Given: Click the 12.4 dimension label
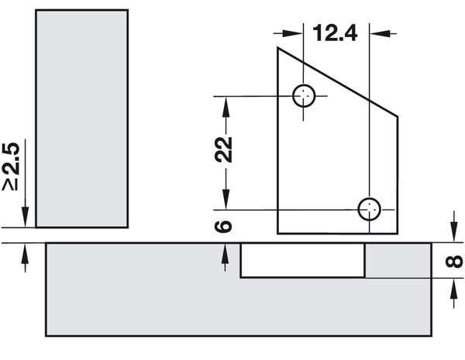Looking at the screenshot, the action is click(x=335, y=33).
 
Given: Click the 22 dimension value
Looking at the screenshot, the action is click(x=224, y=149).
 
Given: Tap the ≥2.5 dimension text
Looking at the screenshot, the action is click(x=11, y=166).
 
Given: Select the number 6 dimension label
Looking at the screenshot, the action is click(x=223, y=226).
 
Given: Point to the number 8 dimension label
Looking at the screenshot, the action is click(x=454, y=262).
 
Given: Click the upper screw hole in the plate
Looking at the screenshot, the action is click(x=303, y=96).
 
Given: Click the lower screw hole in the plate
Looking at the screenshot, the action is click(x=369, y=209).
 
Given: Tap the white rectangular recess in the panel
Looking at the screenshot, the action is click(x=302, y=260).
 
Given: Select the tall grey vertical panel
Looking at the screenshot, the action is click(x=82, y=118).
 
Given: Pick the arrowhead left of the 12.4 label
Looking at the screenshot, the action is click(x=293, y=33).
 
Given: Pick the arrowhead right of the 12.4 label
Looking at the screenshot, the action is click(x=380, y=33).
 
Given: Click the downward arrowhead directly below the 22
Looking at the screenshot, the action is click(x=226, y=199).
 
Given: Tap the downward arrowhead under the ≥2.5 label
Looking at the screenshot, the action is click(x=26, y=217).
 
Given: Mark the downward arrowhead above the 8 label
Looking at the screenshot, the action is click(x=453, y=231).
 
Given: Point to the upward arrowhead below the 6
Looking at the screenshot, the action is click(x=225, y=254).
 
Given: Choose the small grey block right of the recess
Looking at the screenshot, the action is click(x=398, y=260).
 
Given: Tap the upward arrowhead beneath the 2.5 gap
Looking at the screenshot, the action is click(x=26, y=254).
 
